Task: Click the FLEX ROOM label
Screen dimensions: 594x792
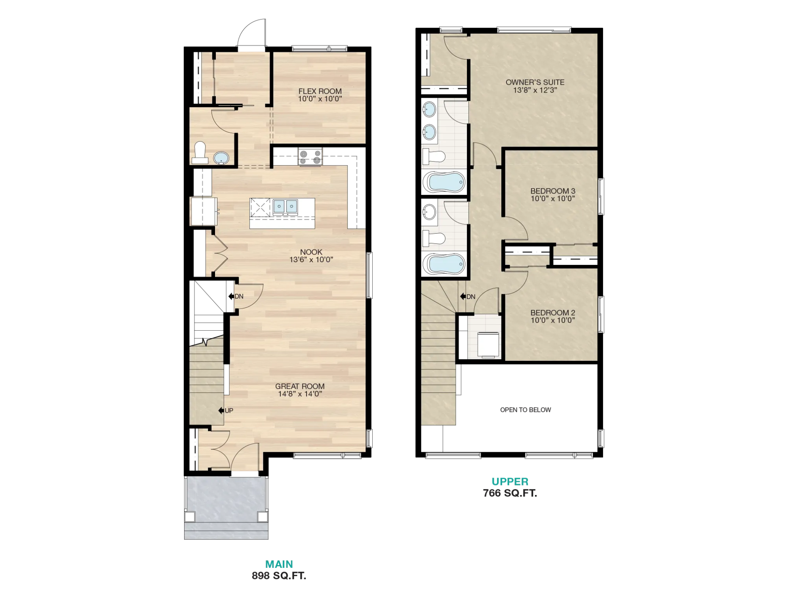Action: tap(320, 91)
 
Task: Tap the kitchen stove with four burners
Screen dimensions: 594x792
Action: tap(310, 157)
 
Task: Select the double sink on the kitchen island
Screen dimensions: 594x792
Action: tap(285, 207)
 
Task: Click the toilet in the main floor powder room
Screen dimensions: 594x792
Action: tap(200, 154)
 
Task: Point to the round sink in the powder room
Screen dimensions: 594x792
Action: tap(221, 158)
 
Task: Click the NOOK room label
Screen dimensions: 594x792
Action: tap(311, 252)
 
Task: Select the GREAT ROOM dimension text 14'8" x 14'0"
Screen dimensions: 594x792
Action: tap(300, 394)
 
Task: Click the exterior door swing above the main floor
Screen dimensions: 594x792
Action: tap(252, 33)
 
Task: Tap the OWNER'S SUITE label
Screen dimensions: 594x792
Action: tap(535, 82)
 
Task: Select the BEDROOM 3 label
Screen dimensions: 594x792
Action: tap(553, 191)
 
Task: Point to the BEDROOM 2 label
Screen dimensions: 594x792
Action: tap(553, 313)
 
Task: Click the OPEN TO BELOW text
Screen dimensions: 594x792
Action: tap(525, 410)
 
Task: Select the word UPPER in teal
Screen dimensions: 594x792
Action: tap(510, 482)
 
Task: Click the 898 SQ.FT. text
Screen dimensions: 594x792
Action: tap(279, 576)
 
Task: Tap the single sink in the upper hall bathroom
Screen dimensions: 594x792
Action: tap(429, 212)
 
